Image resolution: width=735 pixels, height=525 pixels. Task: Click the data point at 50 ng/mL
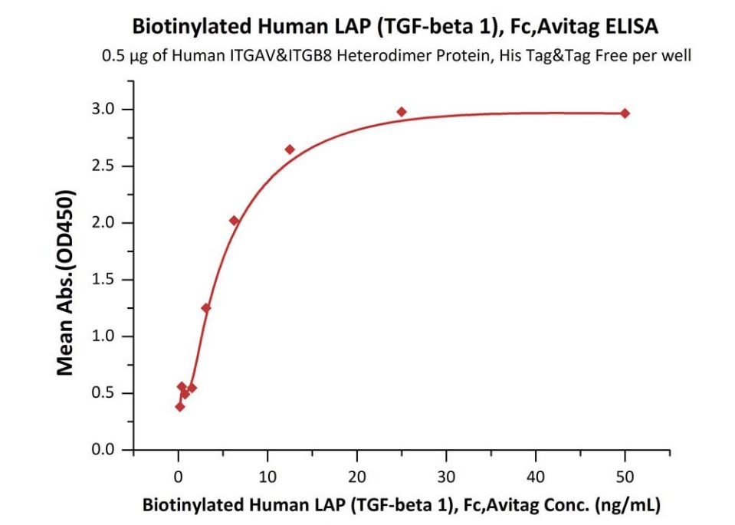pyautogui.click(x=625, y=113)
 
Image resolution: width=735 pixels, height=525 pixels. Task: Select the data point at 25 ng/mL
pyautogui.click(x=402, y=112)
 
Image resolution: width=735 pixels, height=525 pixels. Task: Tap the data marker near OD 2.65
pyautogui.click(x=290, y=149)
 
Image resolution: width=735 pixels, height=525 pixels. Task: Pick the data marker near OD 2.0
pyautogui.click(x=235, y=221)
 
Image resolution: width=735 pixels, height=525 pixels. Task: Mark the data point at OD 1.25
pyautogui.click(x=206, y=308)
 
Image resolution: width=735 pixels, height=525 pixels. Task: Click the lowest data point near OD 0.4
pyautogui.click(x=180, y=406)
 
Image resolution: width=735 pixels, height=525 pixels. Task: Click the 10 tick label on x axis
pyautogui.click(x=267, y=477)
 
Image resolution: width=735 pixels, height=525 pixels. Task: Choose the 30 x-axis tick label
pyautogui.click(x=446, y=477)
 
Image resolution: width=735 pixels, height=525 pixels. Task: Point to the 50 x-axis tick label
pyautogui.click(x=625, y=477)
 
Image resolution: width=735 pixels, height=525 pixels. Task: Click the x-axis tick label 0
pyautogui.click(x=179, y=477)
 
